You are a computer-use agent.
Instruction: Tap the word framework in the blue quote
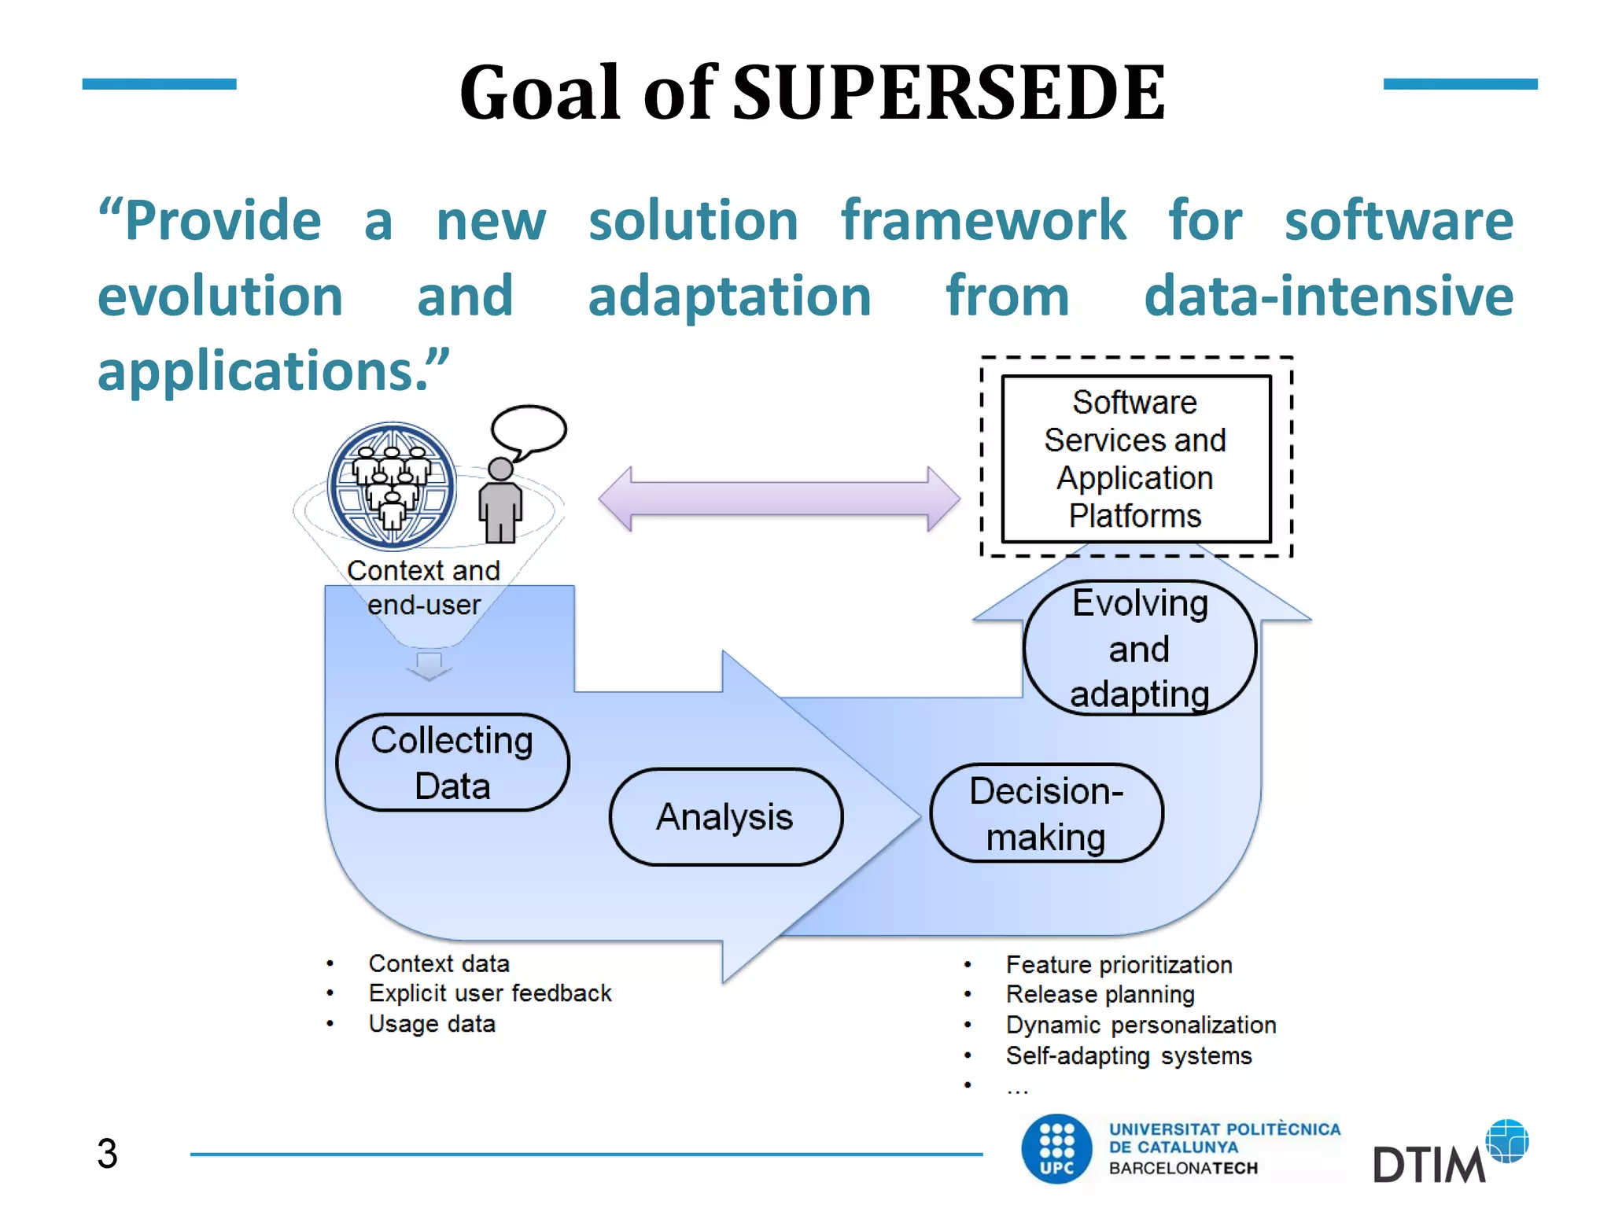pyautogui.click(x=982, y=221)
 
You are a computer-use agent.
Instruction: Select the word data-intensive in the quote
pyautogui.click(x=1328, y=296)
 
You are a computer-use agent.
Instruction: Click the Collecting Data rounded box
pyautogui.click(x=452, y=763)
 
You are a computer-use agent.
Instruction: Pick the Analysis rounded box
pyautogui.click(x=725, y=817)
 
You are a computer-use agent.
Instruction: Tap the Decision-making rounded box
pyautogui.click(x=1045, y=813)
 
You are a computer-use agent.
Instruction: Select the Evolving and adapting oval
pyautogui.click(x=1139, y=649)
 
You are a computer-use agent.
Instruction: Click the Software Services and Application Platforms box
pyautogui.click(x=1135, y=459)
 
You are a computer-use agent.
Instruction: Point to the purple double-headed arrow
pyautogui.click(x=779, y=499)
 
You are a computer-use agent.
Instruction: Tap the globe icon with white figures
pyautogui.click(x=392, y=485)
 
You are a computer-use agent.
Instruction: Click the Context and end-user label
pyautogui.click(x=424, y=587)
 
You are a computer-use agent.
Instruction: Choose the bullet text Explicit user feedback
pyautogui.click(x=489, y=993)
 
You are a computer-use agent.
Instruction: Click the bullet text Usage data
pyautogui.click(x=432, y=1024)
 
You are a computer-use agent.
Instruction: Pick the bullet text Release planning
pyautogui.click(x=1100, y=995)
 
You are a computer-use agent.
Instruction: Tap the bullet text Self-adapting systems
pyautogui.click(x=1128, y=1055)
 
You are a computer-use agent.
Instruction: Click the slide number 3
pyautogui.click(x=107, y=1154)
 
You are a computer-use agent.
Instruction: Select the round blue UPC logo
pyautogui.click(x=1056, y=1149)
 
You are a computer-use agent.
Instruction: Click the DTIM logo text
pyautogui.click(x=1428, y=1165)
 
